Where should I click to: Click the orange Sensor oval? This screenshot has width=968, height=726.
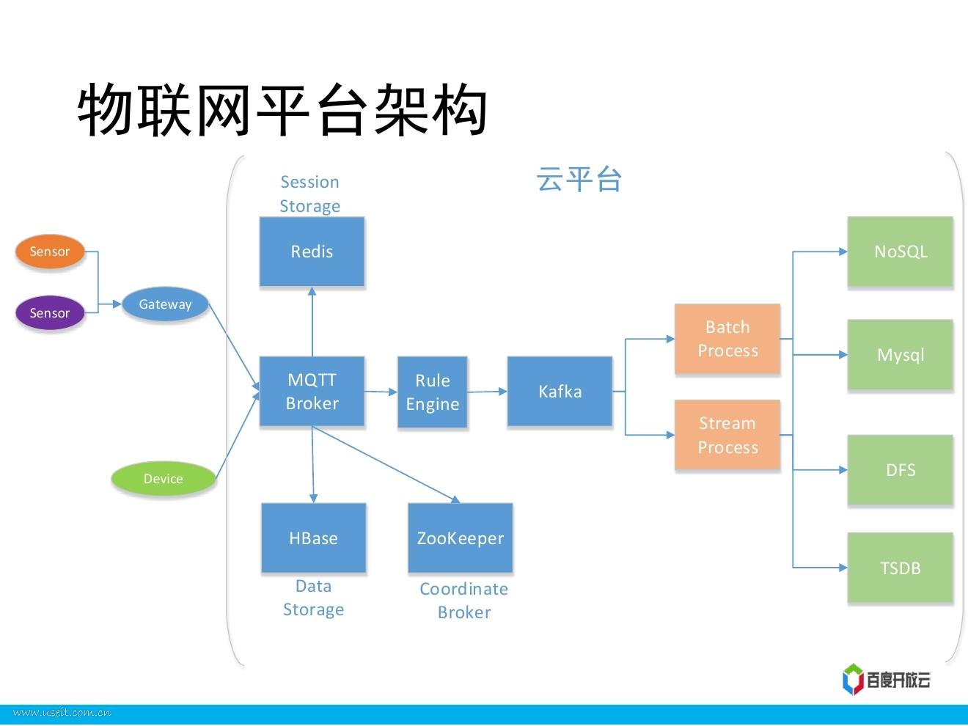coord(50,252)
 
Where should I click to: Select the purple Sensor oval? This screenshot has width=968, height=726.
coord(50,313)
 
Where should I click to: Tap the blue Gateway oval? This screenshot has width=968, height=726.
coord(165,304)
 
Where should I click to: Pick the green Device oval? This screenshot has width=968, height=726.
coord(164,479)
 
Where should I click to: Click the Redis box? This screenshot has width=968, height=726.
coord(312,252)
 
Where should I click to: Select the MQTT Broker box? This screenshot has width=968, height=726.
coord(312,391)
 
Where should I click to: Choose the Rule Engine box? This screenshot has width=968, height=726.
coord(432,392)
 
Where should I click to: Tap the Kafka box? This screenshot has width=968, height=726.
coord(560,392)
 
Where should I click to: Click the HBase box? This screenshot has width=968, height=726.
coord(313,538)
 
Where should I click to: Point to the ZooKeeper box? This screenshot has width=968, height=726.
coord(460,538)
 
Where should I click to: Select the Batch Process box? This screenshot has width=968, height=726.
coord(727,339)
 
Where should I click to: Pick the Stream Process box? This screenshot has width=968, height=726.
coord(727,435)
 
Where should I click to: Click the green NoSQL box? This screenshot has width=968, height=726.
coord(900,252)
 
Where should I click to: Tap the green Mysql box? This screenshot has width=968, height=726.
coord(900,355)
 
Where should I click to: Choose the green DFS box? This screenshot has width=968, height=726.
coord(900,470)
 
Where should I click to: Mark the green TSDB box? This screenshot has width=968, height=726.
coord(900,568)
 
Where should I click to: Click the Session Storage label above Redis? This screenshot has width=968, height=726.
coord(309,194)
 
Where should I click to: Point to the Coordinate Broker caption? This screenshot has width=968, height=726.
coord(463,601)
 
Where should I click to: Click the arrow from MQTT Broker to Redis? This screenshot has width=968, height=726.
coord(312,323)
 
